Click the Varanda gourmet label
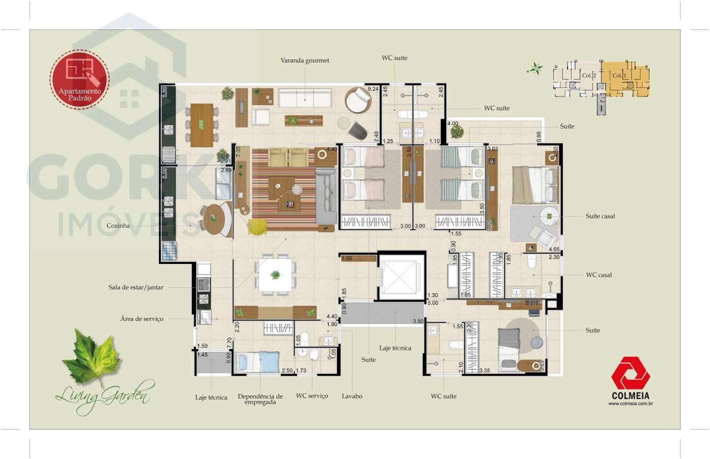click(305, 60)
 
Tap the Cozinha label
click(118, 226)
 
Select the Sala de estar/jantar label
click(136, 287)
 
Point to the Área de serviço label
click(142, 319)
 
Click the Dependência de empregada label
click(260, 399)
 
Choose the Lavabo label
click(352, 396)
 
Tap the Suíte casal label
click(600, 216)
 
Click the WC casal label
click(599, 275)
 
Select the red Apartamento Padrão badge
click(80, 79)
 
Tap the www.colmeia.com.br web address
click(630, 404)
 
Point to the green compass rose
click(535, 69)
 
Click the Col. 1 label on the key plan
click(619, 76)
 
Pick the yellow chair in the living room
click(258, 226)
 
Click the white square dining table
click(275, 275)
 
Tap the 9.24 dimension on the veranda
click(373, 89)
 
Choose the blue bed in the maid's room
click(259, 362)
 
